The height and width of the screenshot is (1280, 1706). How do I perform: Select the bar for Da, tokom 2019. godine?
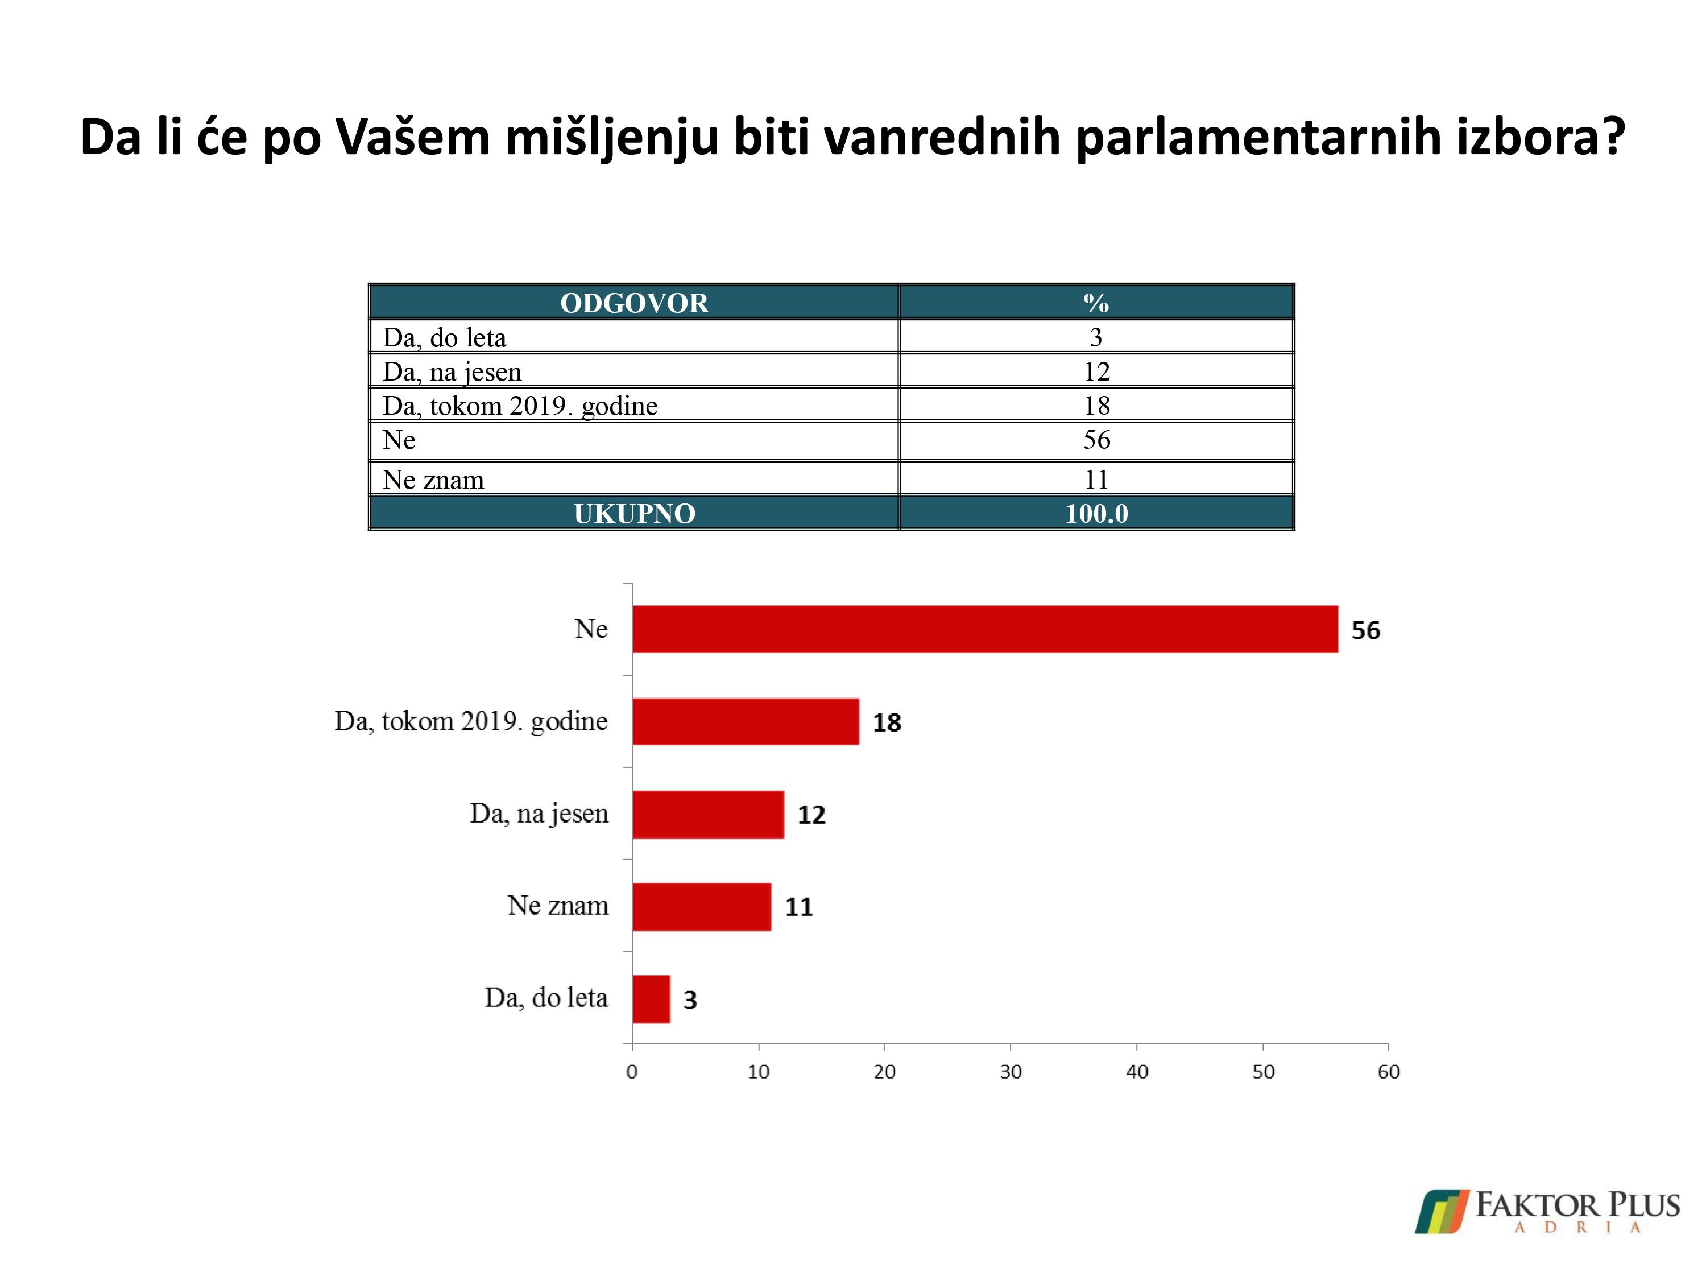click(745, 721)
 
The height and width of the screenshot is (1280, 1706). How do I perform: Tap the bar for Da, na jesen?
click(708, 814)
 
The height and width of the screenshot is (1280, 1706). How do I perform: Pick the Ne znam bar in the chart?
click(701, 907)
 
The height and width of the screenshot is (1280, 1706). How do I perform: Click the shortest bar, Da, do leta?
click(651, 999)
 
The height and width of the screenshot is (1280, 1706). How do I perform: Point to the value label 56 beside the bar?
click(1365, 630)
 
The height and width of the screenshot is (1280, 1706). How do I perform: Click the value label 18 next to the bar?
click(886, 723)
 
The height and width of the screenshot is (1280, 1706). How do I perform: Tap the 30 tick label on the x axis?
click(1011, 1072)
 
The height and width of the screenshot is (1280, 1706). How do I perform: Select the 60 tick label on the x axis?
click(1388, 1072)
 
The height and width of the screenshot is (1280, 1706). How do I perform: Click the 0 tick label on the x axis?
click(632, 1072)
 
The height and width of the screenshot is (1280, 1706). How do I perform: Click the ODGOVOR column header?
click(634, 303)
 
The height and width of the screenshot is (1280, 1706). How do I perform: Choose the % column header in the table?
click(1096, 303)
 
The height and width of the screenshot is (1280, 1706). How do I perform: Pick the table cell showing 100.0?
click(1096, 513)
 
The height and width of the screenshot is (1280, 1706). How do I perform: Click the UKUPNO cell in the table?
click(634, 513)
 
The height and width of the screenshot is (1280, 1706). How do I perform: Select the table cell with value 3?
click(1096, 337)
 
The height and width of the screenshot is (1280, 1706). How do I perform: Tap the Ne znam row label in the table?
click(433, 480)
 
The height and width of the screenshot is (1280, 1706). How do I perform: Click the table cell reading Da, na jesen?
click(452, 372)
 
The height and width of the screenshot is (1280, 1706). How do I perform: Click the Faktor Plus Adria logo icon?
click(1440, 1211)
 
